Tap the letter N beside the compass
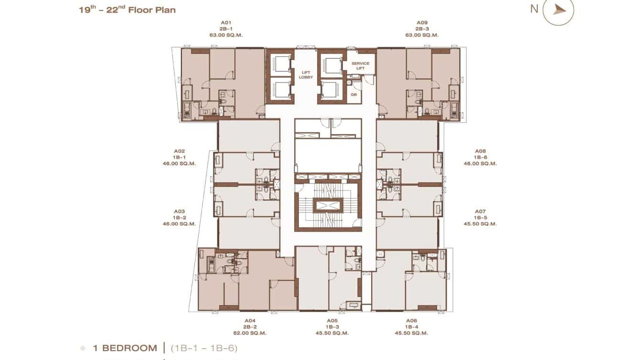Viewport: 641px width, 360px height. tap(534, 9)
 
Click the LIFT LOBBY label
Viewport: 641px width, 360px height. tap(306, 74)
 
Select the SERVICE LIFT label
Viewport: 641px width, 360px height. tap(361, 66)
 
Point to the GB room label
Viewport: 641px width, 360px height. tap(354, 95)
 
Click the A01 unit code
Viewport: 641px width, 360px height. tap(226, 22)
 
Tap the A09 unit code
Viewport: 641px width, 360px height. tap(422, 22)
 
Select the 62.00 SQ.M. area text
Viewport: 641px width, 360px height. tap(250, 333)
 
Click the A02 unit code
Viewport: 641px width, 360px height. tap(179, 151)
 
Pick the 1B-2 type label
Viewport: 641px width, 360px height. tap(179, 217)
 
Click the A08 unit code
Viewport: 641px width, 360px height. tap(480, 151)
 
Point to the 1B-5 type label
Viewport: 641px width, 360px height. tap(480, 217)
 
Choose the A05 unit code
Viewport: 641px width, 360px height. tap(332, 320)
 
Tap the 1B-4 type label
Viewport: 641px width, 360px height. tap(411, 327)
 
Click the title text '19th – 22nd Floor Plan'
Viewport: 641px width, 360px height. tap(127, 9)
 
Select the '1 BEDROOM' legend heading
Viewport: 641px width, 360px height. tap(125, 348)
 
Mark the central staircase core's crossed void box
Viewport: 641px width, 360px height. tap(328, 205)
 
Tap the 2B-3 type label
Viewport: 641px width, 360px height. tap(422, 29)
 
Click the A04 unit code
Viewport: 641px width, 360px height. tap(250, 320)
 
